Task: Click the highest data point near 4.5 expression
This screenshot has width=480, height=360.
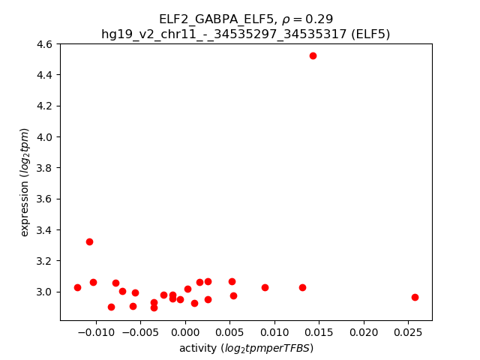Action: click(313, 55)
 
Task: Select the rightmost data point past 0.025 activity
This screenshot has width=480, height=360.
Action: click(415, 297)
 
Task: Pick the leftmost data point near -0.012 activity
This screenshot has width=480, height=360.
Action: click(77, 287)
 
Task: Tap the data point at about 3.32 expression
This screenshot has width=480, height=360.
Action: click(89, 241)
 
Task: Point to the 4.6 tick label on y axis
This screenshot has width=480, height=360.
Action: click(44, 44)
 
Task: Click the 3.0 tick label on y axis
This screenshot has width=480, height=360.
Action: click(44, 292)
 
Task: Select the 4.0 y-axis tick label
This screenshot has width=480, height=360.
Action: click(44, 137)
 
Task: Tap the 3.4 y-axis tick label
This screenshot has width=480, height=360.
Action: click(44, 230)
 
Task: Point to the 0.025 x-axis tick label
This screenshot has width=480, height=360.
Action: click(408, 332)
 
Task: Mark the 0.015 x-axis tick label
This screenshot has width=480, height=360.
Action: click(319, 332)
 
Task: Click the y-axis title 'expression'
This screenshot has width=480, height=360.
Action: click(25, 182)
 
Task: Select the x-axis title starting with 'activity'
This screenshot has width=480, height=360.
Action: click(246, 348)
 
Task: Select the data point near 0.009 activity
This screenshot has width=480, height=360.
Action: click(265, 287)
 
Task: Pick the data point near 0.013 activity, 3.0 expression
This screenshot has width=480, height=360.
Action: click(302, 287)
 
